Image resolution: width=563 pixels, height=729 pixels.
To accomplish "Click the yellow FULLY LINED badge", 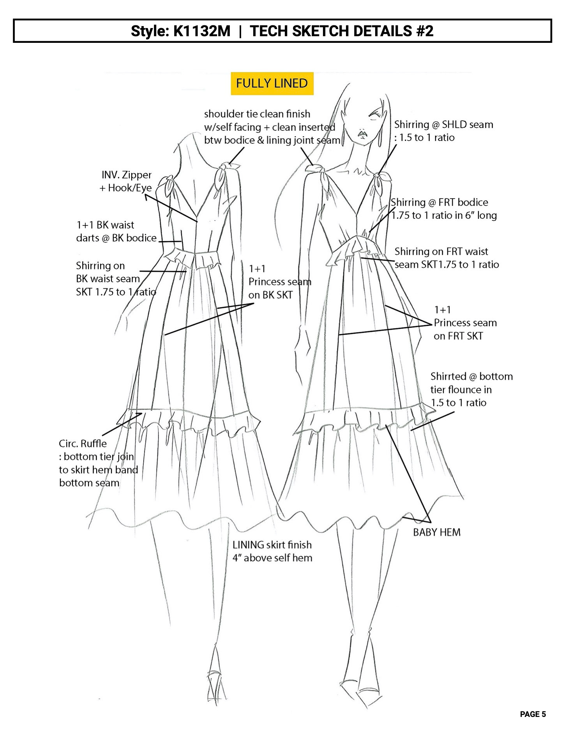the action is pyautogui.click(x=272, y=83).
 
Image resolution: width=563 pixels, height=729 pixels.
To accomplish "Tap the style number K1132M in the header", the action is pyautogui.click(x=201, y=31).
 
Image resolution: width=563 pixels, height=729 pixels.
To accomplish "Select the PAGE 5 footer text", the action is pyautogui.click(x=533, y=714).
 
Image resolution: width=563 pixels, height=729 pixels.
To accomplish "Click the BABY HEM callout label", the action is pyautogui.click(x=436, y=532).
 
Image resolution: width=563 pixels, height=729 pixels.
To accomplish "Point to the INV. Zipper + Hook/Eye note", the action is pyautogui.click(x=125, y=181).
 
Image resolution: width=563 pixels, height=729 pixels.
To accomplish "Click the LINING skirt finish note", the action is pyautogui.click(x=272, y=551).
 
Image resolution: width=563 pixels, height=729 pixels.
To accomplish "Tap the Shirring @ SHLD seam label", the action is pyautogui.click(x=443, y=131).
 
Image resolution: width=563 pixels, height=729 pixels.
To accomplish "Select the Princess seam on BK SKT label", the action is pyautogui.click(x=280, y=282).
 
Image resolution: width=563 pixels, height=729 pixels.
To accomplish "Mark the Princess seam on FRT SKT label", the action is pyautogui.click(x=465, y=323).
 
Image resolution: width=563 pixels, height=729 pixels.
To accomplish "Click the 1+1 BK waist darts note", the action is pyautogui.click(x=116, y=231).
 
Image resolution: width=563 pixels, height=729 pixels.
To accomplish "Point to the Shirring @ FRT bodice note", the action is pyautogui.click(x=444, y=209).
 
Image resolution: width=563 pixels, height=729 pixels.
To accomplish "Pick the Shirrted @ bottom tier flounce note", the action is pyautogui.click(x=471, y=389).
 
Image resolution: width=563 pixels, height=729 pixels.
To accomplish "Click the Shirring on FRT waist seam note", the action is pyautogui.click(x=447, y=258).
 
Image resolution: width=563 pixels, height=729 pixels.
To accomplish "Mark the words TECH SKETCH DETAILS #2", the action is pyautogui.click(x=341, y=31).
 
